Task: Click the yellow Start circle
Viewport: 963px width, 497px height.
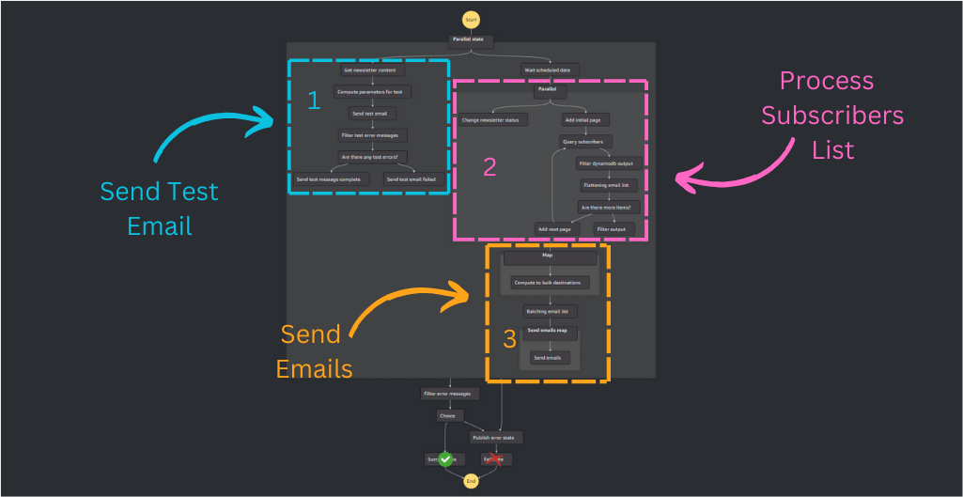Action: (471, 20)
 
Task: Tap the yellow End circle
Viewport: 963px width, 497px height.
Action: (471, 480)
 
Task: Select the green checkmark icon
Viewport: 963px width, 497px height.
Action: (446, 458)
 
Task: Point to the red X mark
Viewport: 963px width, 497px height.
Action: (489, 458)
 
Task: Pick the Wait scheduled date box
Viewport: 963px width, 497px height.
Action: (551, 70)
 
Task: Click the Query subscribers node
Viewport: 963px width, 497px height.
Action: (582, 142)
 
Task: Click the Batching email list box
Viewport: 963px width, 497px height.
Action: (551, 311)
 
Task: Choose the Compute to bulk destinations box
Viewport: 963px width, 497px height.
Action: (551, 282)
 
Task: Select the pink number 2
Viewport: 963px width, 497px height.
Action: (489, 166)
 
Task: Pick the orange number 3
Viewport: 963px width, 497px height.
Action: (509, 339)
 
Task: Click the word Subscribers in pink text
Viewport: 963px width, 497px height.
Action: (831, 116)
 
